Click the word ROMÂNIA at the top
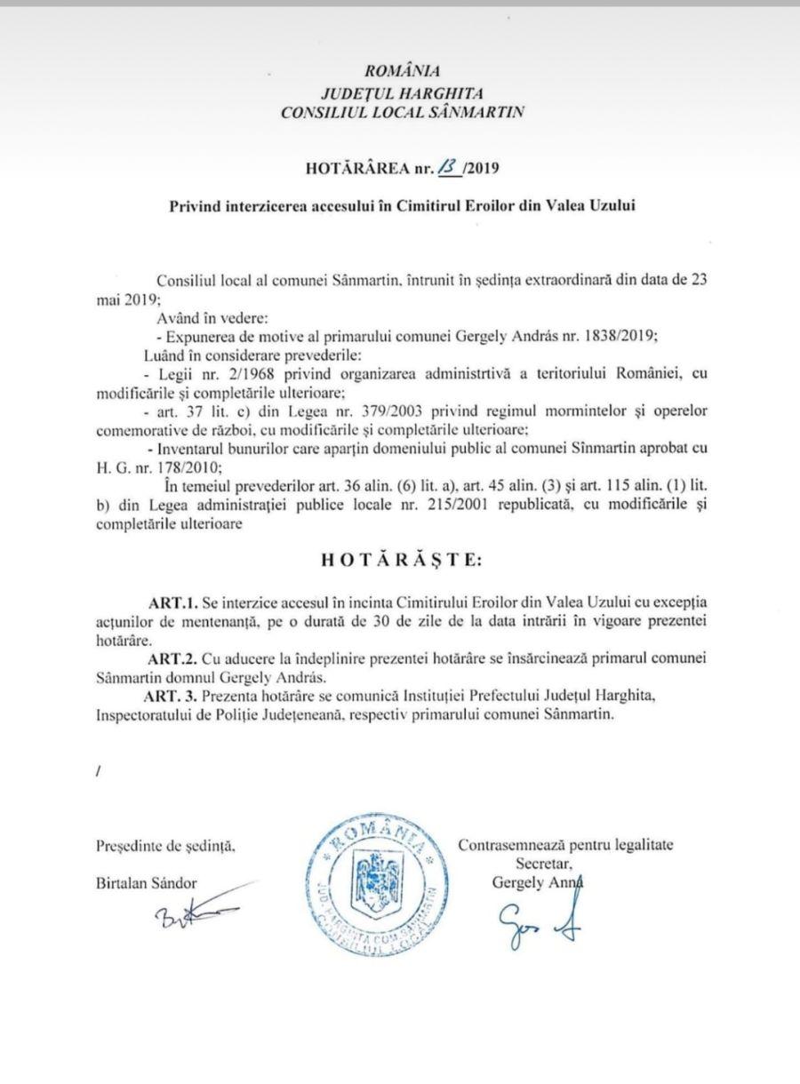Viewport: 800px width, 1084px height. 402,72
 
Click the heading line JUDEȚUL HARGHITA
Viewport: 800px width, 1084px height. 402,92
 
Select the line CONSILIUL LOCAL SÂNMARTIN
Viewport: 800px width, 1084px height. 402,113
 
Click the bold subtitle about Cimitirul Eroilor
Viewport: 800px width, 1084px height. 402,204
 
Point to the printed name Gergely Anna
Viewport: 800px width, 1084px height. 530,881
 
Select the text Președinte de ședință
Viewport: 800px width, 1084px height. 165,846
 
